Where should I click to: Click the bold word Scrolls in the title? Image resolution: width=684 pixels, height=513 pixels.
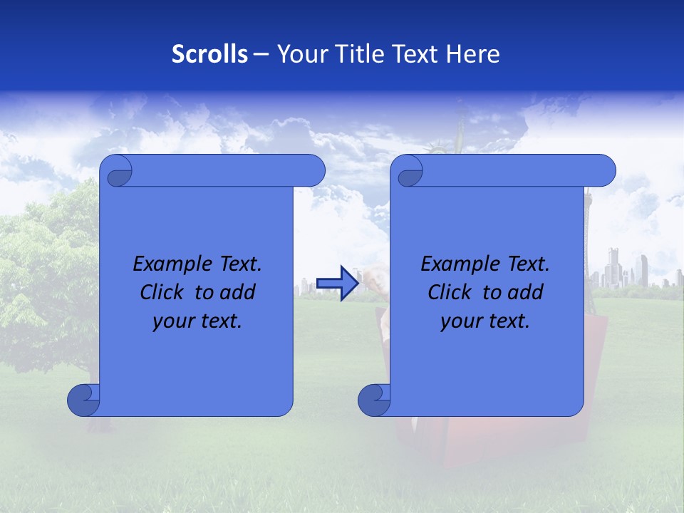click(x=209, y=54)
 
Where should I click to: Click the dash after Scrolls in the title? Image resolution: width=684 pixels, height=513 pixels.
click(x=261, y=55)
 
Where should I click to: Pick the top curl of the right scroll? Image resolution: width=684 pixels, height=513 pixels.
click(x=409, y=171)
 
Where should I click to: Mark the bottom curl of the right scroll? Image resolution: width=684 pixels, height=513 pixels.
click(x=375, y=400)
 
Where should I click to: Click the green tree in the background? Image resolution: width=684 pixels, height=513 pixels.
click(x=43, y=271)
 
